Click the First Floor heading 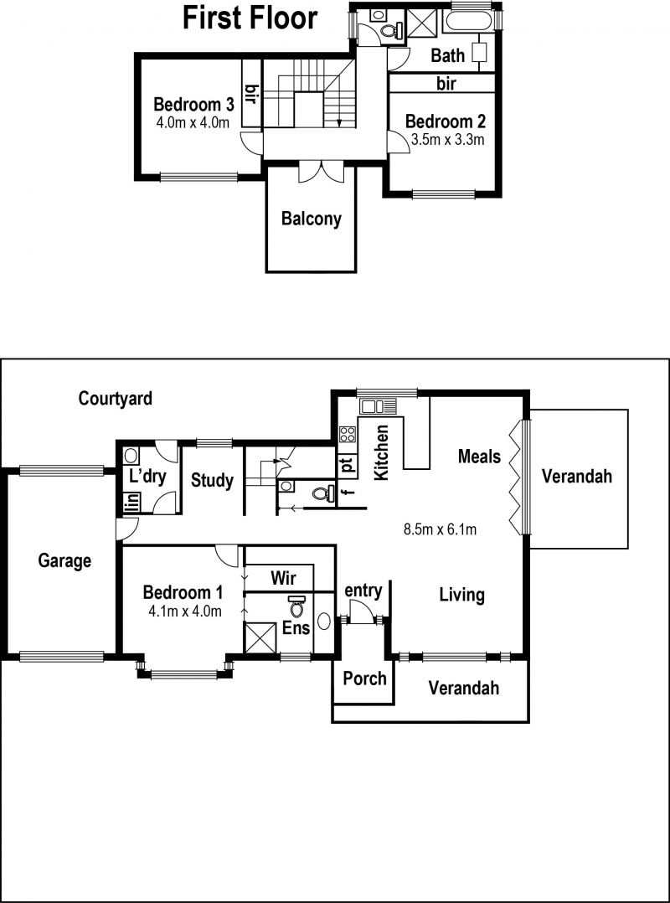[250, 18]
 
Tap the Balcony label [312, 219]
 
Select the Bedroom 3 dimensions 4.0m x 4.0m [193, 122]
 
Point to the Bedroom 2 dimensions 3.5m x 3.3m [446, 139]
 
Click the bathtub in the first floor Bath [466, 22]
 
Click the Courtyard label [116, 398]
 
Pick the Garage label [64, 560]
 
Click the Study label [213, 480]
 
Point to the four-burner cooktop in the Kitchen [348, 433]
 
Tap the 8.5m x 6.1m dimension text [441, 529]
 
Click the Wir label [283, 577]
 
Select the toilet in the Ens [297, 606]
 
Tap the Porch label [364, 679]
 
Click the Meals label [480, 457]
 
